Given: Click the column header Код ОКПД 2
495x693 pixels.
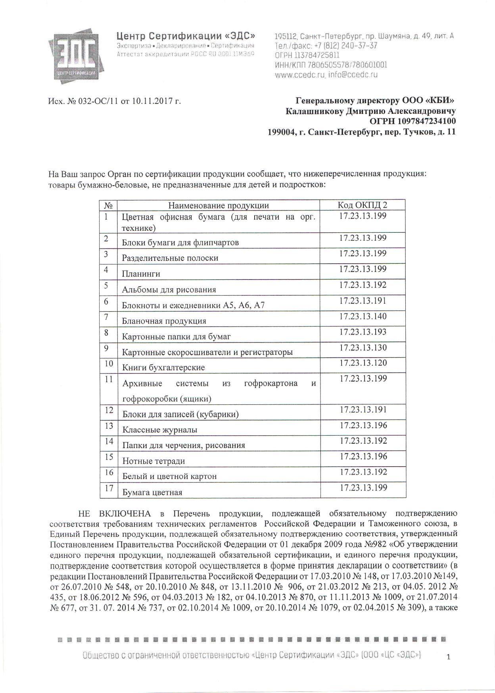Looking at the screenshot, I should [x=362, y=205].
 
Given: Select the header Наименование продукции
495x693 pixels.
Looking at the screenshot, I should [x=219, y=205].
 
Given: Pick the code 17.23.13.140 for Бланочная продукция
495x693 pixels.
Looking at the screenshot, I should [x=363, y=316].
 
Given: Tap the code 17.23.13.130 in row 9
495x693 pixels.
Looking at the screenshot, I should [x=363, y=348].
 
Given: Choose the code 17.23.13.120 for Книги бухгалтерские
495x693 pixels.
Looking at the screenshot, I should [x=363, y=363].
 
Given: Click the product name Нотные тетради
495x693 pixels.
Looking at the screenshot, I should [x=153, y=461].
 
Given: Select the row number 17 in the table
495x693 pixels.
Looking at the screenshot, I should [x=109, y=488].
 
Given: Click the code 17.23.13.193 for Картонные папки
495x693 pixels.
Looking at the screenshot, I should [x=363, y=332].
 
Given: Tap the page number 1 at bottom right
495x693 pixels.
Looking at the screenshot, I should [x=449, y=657].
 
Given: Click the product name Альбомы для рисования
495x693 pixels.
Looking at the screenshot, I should [x=169, y=289].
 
